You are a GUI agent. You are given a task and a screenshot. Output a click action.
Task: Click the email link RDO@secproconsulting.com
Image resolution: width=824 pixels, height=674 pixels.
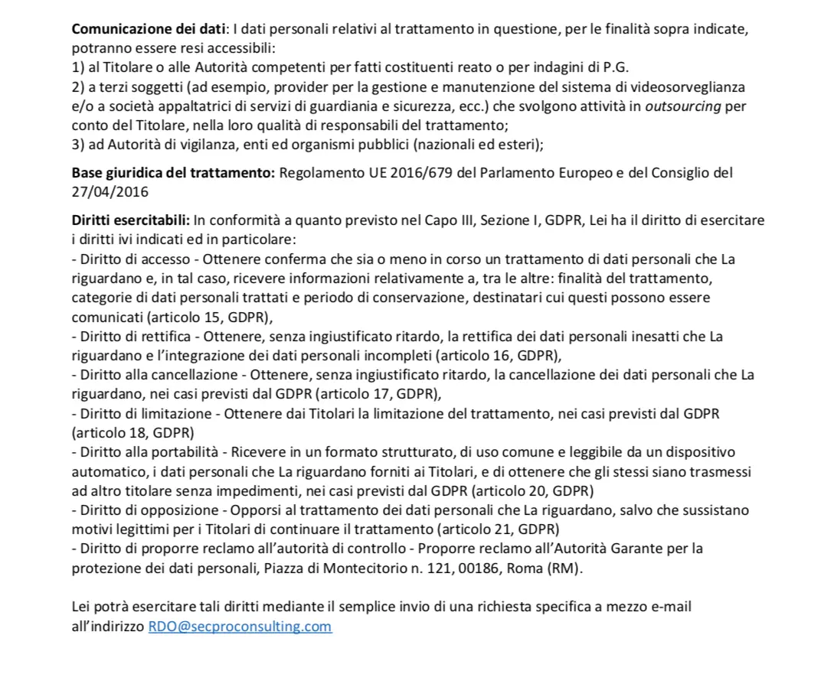(x=240, y=627)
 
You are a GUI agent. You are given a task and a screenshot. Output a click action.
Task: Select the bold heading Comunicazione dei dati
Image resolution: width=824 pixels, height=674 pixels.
(x=148, y=29)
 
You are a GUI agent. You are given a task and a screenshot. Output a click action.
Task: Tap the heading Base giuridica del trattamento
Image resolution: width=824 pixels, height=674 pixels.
(x=172, y=173)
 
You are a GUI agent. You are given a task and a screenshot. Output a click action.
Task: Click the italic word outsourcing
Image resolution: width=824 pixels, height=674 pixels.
(x=683, y=106)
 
